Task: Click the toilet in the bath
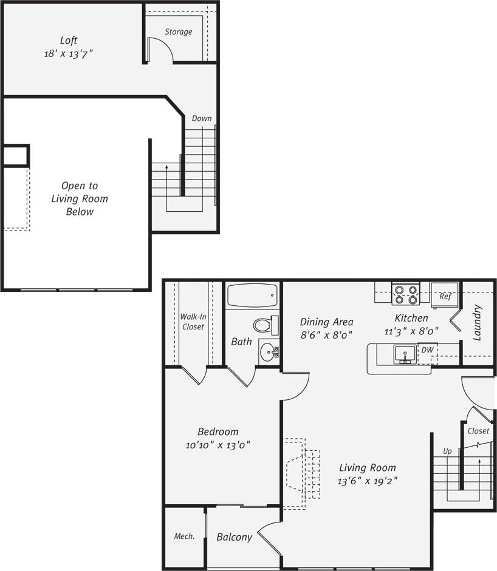(x=266, y=325)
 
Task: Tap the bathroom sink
(x=268, y=351)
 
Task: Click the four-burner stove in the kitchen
(x=406, y=294)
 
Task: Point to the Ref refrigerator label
(x=445, y=297)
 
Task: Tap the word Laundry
(x=477, y=322)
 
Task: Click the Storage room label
(x=179, y=32)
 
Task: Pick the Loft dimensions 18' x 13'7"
(x=68, y=54)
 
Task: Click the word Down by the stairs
(x=202, y=118)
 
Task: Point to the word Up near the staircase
(x=447, y=451)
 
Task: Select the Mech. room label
(x=184, y=536)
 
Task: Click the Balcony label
(x=234, y=537)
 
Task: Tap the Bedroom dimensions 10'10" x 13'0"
(x=218, y=445)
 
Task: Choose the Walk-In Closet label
(x=192, y=322)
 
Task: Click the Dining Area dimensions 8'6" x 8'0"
(x=326, y=334)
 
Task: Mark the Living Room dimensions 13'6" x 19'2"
(x=368, y=481)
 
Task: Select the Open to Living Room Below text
(x=80, y=198)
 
